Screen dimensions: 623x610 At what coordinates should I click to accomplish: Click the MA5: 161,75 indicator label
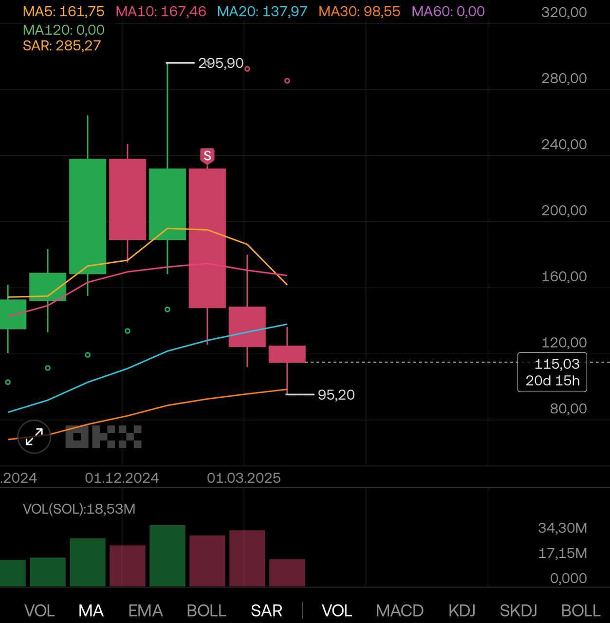coord(63,11)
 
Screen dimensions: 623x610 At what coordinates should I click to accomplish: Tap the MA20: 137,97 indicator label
coord(262,11)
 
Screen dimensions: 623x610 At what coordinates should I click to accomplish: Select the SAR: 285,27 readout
coord(62,46)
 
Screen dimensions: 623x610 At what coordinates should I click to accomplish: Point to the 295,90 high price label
coord(221,63)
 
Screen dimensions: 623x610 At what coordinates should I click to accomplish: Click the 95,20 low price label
coord(336,395)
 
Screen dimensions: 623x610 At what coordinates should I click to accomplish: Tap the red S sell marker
coord(207,156)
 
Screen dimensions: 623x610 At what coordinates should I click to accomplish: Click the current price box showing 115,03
coord(552,372)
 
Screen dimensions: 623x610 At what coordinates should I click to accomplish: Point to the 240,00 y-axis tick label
coord(564,144)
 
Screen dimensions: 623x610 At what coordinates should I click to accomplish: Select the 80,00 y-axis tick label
coord(568,408)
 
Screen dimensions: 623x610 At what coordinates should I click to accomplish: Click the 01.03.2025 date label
coord(244,478)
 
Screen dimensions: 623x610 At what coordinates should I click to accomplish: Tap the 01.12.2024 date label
coord(122,478)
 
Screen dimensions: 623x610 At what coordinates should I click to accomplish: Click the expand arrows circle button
coord(34,437)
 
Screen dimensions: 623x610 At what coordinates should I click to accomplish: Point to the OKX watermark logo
coord(103,437)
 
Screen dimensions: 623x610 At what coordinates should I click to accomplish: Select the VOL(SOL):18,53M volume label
coord(79,509)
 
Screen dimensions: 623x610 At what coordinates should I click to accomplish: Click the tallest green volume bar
coord(167,555)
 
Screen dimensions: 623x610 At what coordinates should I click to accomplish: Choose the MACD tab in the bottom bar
coord(399,610)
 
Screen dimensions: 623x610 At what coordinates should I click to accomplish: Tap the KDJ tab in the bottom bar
coord(462,610)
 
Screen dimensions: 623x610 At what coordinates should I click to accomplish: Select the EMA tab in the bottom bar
coord(145,610)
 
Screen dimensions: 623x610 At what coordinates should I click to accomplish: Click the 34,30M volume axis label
coord(562,528)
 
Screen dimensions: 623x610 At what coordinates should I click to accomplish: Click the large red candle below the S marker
coord(207,238)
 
